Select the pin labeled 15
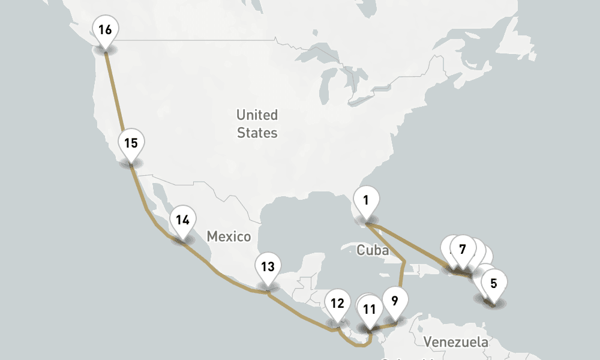click(131, 144)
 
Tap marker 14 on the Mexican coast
click(182, 220)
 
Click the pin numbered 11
click(369, 310)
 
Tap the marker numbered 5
click(494, 284)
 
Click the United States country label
click(257, 124)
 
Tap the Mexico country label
click(229, 237)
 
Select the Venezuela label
click(455, 343)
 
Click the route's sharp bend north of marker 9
click(406, 260)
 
